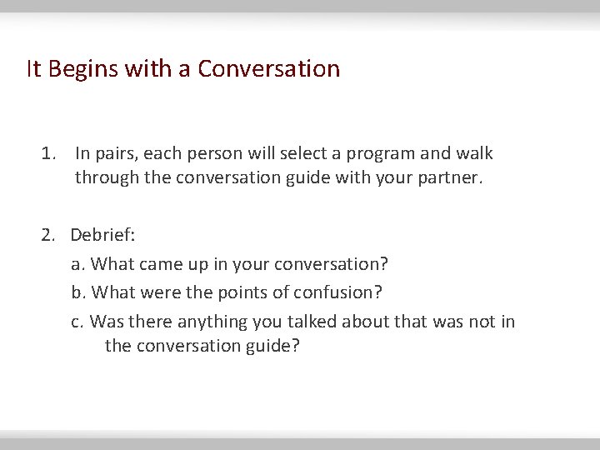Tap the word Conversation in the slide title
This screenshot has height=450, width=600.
(x=268, y=68)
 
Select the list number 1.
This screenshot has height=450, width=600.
(x=48, y=153)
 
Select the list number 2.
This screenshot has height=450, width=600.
(x=48, y=235)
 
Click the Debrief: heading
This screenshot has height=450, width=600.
(x=102, y=235)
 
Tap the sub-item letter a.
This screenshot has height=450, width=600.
(x=77, y=264)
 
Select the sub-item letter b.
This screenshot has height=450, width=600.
(x=77, y=292)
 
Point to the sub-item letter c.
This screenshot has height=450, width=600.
(x=77, y=322)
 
